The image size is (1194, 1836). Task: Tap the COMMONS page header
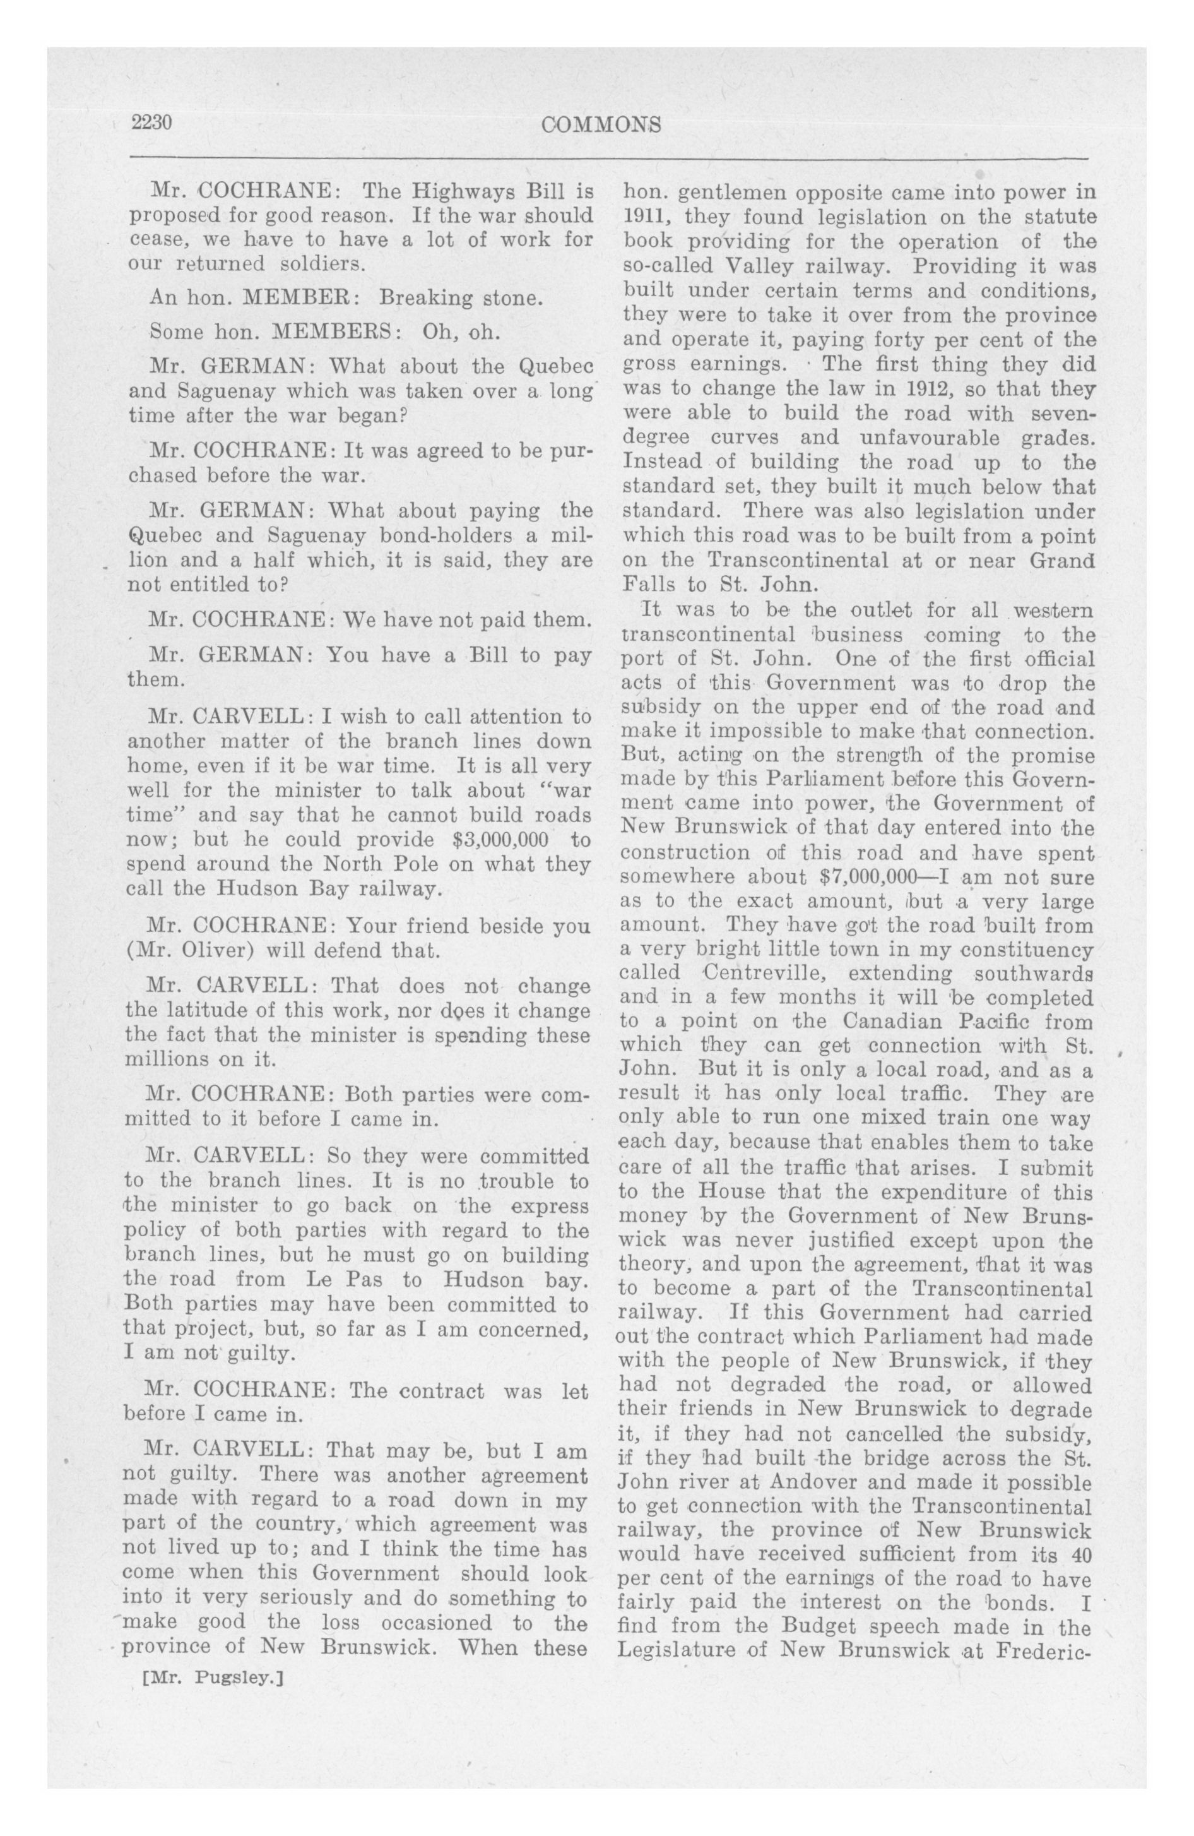tap(601, 125)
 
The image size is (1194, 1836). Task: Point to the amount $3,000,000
tap(502, 838)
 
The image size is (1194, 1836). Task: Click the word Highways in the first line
tap(461, 190)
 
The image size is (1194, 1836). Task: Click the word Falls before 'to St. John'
tap(649, 584)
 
